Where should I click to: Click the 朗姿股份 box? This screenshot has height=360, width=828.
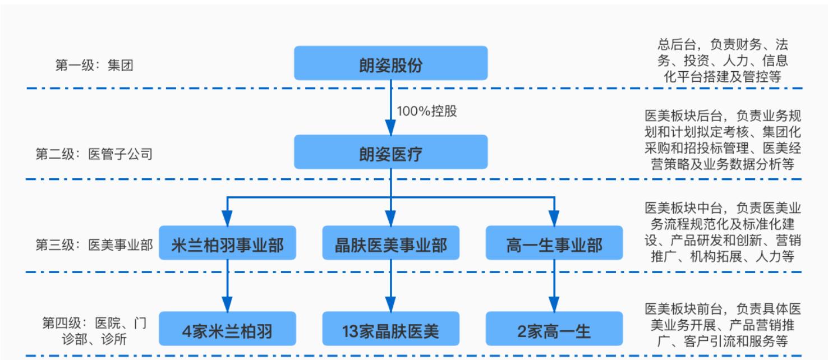(391, 63)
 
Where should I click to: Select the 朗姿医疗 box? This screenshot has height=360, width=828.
(391, 152)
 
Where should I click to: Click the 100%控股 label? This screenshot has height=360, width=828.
(427, 110)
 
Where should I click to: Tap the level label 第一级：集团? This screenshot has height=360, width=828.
(94, 66)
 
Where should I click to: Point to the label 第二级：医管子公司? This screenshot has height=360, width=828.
(94, 154)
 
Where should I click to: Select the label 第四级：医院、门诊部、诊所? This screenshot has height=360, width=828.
(94, 331)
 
